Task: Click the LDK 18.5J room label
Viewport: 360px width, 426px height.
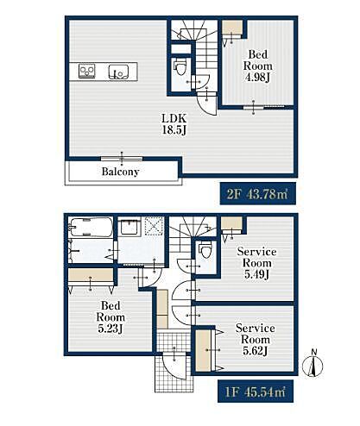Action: point(174,124)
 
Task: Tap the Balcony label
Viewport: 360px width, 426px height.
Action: point(120,172)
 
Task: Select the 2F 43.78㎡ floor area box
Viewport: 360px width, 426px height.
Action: point(258,193)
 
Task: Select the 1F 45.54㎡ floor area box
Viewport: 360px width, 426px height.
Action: point(256,391)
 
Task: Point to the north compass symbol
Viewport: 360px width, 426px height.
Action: point(313,364)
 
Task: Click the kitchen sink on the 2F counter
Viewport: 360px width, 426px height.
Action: point(118,72)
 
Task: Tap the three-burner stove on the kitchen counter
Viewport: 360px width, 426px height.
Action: point(87,72)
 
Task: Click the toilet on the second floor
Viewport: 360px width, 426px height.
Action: point(180,67)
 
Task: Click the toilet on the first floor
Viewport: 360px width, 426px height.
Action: point(205,249)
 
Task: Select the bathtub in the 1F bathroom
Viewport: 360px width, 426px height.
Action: point(91,227)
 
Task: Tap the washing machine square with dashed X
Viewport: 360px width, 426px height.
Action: point(155,226)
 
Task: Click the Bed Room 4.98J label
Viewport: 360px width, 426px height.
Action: point(258,66)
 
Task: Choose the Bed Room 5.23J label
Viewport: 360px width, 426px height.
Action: point(111,317)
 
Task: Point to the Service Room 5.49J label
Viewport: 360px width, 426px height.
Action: point(256,263)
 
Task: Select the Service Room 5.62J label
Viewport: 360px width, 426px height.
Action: point(256,340)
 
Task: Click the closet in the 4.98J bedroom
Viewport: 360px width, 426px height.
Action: point(232,28)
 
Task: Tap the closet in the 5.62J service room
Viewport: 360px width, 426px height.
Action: point(203,351)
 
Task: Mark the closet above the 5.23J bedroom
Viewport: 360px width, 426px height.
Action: point(91,275)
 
